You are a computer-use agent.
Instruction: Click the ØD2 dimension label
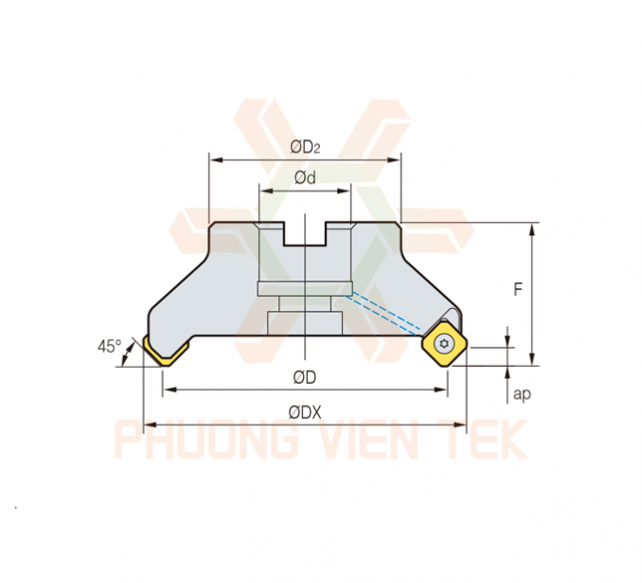[305, 147]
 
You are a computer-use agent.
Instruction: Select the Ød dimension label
[305, 177]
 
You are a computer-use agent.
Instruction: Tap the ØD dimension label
[305, 377]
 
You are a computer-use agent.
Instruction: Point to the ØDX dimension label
[305, 412]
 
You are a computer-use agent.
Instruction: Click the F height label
[518, 290]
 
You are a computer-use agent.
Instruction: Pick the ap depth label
[522, 394]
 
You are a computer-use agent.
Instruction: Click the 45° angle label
[109, 346]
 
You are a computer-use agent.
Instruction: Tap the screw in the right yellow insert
[445, 344]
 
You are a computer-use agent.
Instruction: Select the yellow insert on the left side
[165, 351]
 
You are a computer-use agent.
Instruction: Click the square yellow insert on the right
[445, 344]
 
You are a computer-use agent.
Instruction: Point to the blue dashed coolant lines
[383, 313]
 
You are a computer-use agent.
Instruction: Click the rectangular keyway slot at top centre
[305, 234]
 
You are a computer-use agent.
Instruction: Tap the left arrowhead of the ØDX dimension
[149, 425]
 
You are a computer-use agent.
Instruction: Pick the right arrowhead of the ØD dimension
[442, 389]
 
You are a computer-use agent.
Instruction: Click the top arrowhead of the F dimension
[532, 228]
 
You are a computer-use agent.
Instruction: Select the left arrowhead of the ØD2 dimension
[215, 159]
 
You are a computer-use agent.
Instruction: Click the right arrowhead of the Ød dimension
[345, 191]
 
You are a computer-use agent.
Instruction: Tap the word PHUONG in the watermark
[205, 439]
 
